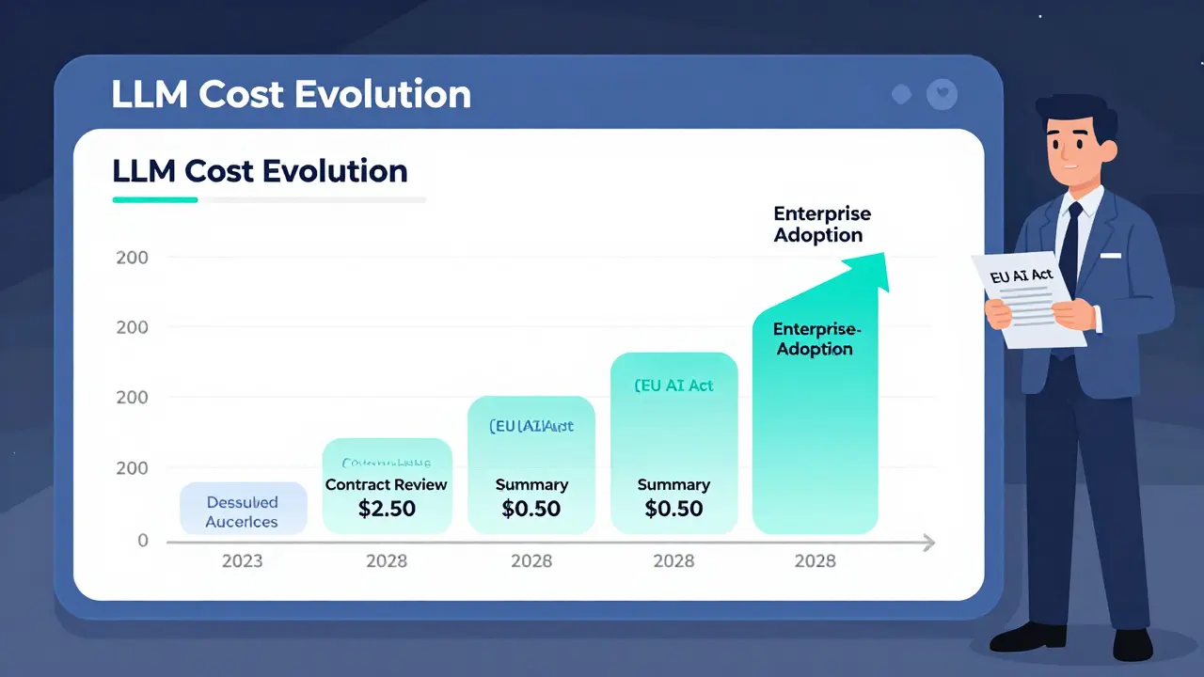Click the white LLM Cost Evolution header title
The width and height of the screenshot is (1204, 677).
[x=292, y=95]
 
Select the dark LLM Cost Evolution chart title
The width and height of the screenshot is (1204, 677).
[x=260, y=171]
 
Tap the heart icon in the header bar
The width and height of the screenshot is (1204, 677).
[x=941, y=94]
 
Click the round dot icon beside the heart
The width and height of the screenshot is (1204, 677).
[x=901, y=94]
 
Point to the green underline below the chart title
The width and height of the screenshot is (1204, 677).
[x=155, y=199]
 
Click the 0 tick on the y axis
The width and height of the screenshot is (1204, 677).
[x=143, y=541]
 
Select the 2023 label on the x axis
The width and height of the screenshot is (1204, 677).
[x=242, y=561]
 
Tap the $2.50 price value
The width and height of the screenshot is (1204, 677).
[x=387, y=510]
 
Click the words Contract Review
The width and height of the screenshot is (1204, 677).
[x=387, y=485]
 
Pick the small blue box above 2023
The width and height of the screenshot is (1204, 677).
[x=243, y=509]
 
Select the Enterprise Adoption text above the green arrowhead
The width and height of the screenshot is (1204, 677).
[x=821, y=225]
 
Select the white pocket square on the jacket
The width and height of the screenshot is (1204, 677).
[x=1111, y=255]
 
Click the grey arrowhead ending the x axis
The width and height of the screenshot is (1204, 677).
[x=928, y=543]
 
